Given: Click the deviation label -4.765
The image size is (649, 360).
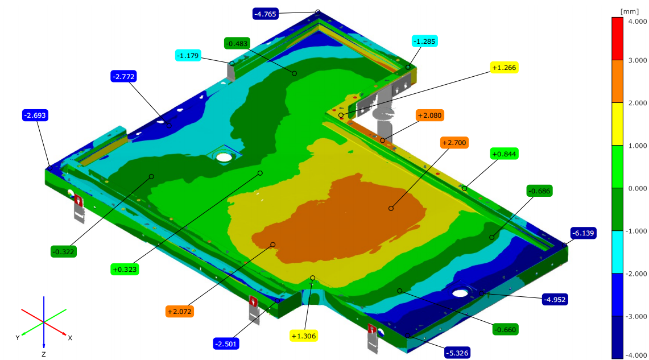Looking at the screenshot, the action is (x=265, y=14).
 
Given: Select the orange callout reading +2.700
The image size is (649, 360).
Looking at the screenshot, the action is (x=454, y=143).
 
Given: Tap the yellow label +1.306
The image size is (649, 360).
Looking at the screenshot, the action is (x=304, y=336).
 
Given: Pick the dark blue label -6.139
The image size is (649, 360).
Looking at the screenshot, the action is (x=583, y=233).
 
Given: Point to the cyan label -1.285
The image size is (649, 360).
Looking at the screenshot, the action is (x=425, y=42).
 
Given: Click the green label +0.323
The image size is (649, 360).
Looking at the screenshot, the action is (x=125, y=270).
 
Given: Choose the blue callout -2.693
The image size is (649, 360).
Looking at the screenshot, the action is (x=35, y=115).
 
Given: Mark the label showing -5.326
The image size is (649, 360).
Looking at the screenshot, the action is (x=457, y=353).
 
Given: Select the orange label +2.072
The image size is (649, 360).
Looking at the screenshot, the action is (x=180, y=311).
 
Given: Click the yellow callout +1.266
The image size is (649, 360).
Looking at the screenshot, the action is (x=504, y=68).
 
